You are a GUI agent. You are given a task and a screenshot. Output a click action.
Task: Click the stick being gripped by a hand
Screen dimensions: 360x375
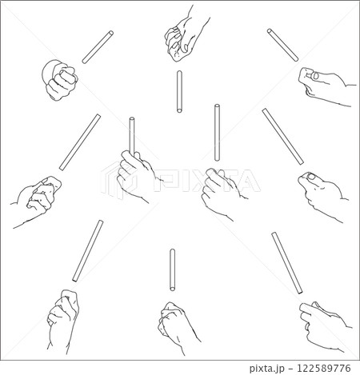point(132,136)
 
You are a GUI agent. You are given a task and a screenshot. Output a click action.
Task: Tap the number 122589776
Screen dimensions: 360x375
point(324,369)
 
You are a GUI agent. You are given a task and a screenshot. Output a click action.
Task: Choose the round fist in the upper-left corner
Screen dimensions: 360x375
point(60,80)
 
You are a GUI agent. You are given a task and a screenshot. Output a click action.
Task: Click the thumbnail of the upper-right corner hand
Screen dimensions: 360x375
point(316,76)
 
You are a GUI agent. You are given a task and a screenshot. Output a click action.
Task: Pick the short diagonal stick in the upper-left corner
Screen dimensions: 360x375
point(98,47)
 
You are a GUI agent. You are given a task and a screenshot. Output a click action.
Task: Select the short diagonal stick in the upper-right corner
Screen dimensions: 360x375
point(282,45)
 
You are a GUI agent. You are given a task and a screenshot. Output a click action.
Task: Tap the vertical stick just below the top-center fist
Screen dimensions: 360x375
point(179,91)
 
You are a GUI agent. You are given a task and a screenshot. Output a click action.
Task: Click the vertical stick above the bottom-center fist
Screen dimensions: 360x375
point(173,269)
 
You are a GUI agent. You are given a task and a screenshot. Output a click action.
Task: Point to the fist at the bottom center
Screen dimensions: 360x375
point(176,326)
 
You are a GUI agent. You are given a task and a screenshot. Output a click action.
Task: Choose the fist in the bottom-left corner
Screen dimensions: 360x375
point(62,320)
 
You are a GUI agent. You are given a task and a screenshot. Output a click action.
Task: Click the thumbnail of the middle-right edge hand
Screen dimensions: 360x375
point(311,177)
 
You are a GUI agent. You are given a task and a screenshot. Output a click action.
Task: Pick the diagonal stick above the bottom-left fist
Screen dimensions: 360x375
point(88,251)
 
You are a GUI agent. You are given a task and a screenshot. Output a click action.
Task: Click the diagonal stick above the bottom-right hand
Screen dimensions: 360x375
point(287,263)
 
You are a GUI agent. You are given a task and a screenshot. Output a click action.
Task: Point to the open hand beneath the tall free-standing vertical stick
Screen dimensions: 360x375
point(222,192)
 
